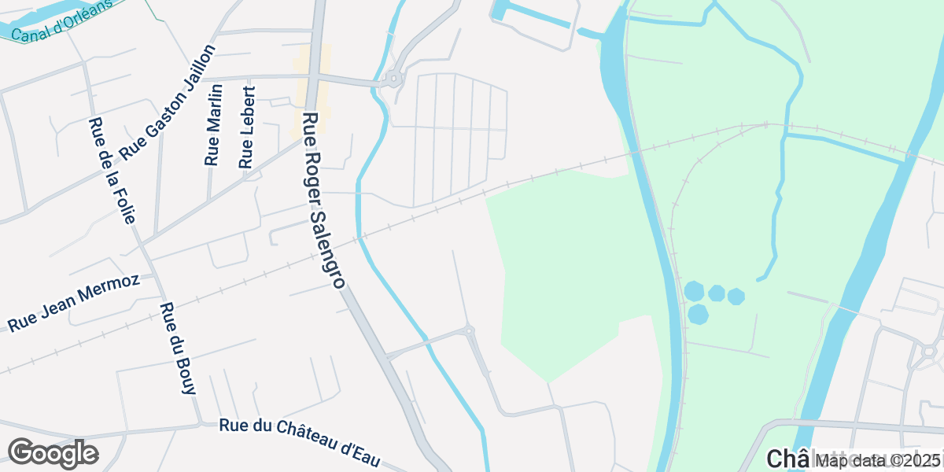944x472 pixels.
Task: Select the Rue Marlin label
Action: [213, 125]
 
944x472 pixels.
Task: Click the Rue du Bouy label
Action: [177, 348]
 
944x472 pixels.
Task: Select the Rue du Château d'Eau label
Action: [304, 438]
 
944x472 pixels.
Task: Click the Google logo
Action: [53, 454]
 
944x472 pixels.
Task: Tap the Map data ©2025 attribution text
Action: [877, 460]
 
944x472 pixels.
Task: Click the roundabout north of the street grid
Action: [392, 79]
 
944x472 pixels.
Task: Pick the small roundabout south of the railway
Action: [469, 331]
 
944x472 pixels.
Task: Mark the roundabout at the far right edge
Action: [929, 352]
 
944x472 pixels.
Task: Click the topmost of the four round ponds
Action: [694, 290]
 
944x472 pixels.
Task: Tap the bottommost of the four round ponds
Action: [698, 314]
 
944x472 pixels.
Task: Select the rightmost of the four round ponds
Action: [736, 297]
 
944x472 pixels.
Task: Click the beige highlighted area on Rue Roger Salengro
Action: [312, 90]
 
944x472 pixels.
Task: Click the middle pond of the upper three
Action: [717, 293]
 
